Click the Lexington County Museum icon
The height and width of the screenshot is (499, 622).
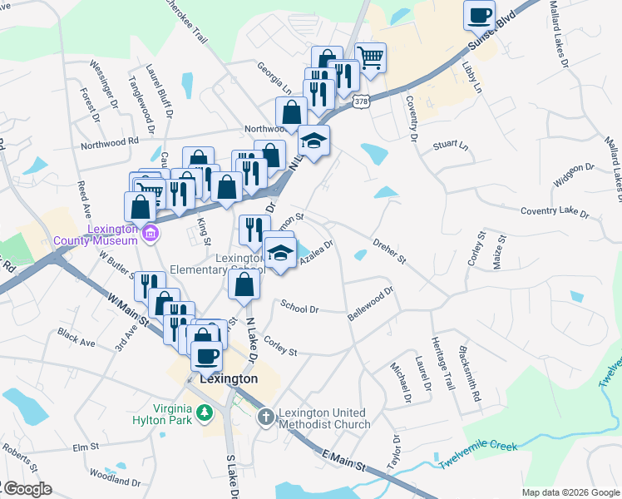click(150, 231)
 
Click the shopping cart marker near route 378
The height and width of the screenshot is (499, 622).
click(371, 57)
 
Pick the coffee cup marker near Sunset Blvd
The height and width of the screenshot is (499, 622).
click(479, 15)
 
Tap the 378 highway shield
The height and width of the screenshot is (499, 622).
click(360, 101)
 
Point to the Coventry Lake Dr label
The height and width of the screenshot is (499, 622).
click(554, 212)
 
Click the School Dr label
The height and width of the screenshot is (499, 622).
click(299, 307)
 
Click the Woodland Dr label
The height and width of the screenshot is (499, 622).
click(116, 481)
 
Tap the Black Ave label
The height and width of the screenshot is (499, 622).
click(77, 339)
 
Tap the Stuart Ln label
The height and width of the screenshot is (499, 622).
click(450, 146)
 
